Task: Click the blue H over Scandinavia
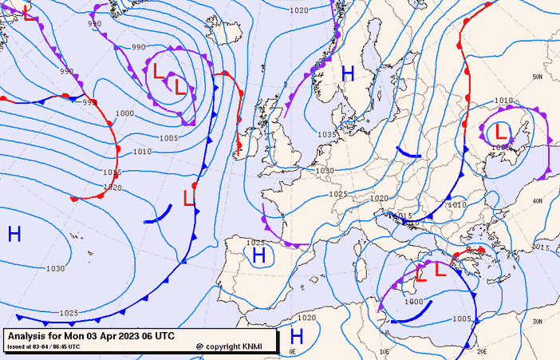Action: [348, 73]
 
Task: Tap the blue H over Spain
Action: [258, 255]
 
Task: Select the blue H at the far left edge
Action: [14, 233]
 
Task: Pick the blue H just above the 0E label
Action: [298, 335]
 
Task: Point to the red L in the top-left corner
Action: [30, 14]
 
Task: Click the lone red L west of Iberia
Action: [189, 197]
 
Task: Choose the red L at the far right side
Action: [501, 131]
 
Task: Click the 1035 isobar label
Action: [325, 135]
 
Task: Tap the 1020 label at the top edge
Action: [298, 10]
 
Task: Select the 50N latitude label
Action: [538, 77]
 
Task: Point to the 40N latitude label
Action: [538, 200]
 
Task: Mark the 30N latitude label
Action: [538, 321]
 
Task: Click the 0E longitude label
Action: [292, 351]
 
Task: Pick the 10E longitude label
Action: [385, 350]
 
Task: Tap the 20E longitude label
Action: [481, 350]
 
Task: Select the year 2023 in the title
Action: [128, 335]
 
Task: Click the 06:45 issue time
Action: [69, 347]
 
